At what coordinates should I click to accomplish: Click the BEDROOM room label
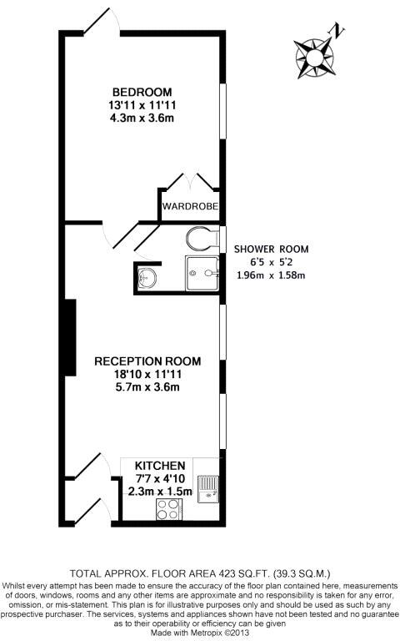point(142,92)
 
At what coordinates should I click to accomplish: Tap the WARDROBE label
point(190,206)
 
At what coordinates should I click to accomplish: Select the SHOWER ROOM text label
point(271,249)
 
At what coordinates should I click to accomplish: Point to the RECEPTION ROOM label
point(147,361)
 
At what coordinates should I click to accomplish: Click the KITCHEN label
point(160,466)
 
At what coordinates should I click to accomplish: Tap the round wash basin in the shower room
point(147,278)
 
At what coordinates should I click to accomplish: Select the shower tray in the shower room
point(202,274)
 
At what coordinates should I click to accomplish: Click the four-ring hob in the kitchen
point(169,509)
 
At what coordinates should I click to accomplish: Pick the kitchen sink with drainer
point(208,489)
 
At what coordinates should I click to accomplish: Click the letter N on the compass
point(338,31)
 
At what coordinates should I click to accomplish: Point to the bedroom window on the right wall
point(222,111)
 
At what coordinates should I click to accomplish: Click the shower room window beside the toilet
point(222,239)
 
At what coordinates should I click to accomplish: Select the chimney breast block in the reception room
point(70,337)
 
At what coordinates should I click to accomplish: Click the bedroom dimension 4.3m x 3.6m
point(142,119)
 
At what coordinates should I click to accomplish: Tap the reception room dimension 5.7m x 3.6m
point(147,386)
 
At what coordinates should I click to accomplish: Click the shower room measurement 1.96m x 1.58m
point(271,275)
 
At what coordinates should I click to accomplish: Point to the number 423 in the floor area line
point(227,573)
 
